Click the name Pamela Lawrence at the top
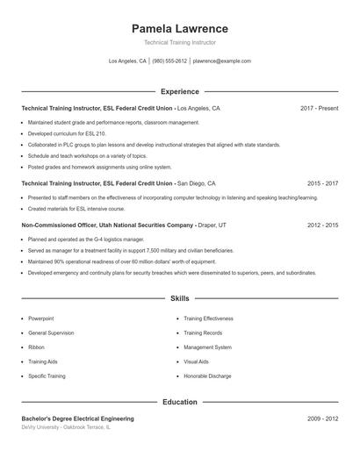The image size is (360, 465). [179, 28]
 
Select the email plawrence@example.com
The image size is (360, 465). [222, 61]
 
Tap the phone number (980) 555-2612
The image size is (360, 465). [170, 61]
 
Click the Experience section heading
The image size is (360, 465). [179, 91]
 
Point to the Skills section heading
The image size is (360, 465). [179, 299]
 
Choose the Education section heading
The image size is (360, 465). [179, 402]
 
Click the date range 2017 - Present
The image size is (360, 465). [319, 109]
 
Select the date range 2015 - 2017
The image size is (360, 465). [322, 184]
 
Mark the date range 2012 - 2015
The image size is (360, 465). [322, 225]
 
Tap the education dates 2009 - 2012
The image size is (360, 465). [322, 418]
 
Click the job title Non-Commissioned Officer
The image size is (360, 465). [61, 225]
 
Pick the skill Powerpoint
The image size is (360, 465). [41, 318]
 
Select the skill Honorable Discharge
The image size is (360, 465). [207, 376]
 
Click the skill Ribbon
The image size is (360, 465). [36, 347]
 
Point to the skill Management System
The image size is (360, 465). [208, 347]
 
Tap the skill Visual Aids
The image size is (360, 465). [197, 361]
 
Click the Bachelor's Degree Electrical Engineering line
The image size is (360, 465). [77, 418]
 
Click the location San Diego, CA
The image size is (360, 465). [196, 184]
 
